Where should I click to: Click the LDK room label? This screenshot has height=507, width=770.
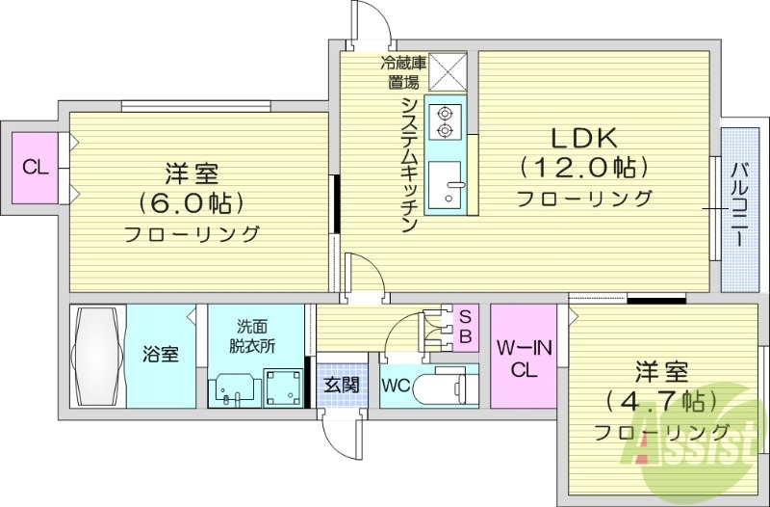[582, 137]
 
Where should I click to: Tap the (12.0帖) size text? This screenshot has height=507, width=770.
[582, 168]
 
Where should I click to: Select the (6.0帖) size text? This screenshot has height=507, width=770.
[192, 203]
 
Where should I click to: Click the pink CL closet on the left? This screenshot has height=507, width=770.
[36, 168]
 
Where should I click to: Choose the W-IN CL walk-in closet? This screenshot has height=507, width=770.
[524, 357]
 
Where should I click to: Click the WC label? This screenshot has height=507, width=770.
[398, 386]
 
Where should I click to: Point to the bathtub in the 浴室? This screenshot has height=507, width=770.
[97, 356]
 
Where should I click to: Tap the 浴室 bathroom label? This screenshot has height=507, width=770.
[161, 354]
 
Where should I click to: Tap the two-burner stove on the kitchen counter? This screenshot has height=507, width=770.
[445, 120]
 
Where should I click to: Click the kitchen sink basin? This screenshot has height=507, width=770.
[445, 185]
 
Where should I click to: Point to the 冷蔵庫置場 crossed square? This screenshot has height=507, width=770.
[447, 70]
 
